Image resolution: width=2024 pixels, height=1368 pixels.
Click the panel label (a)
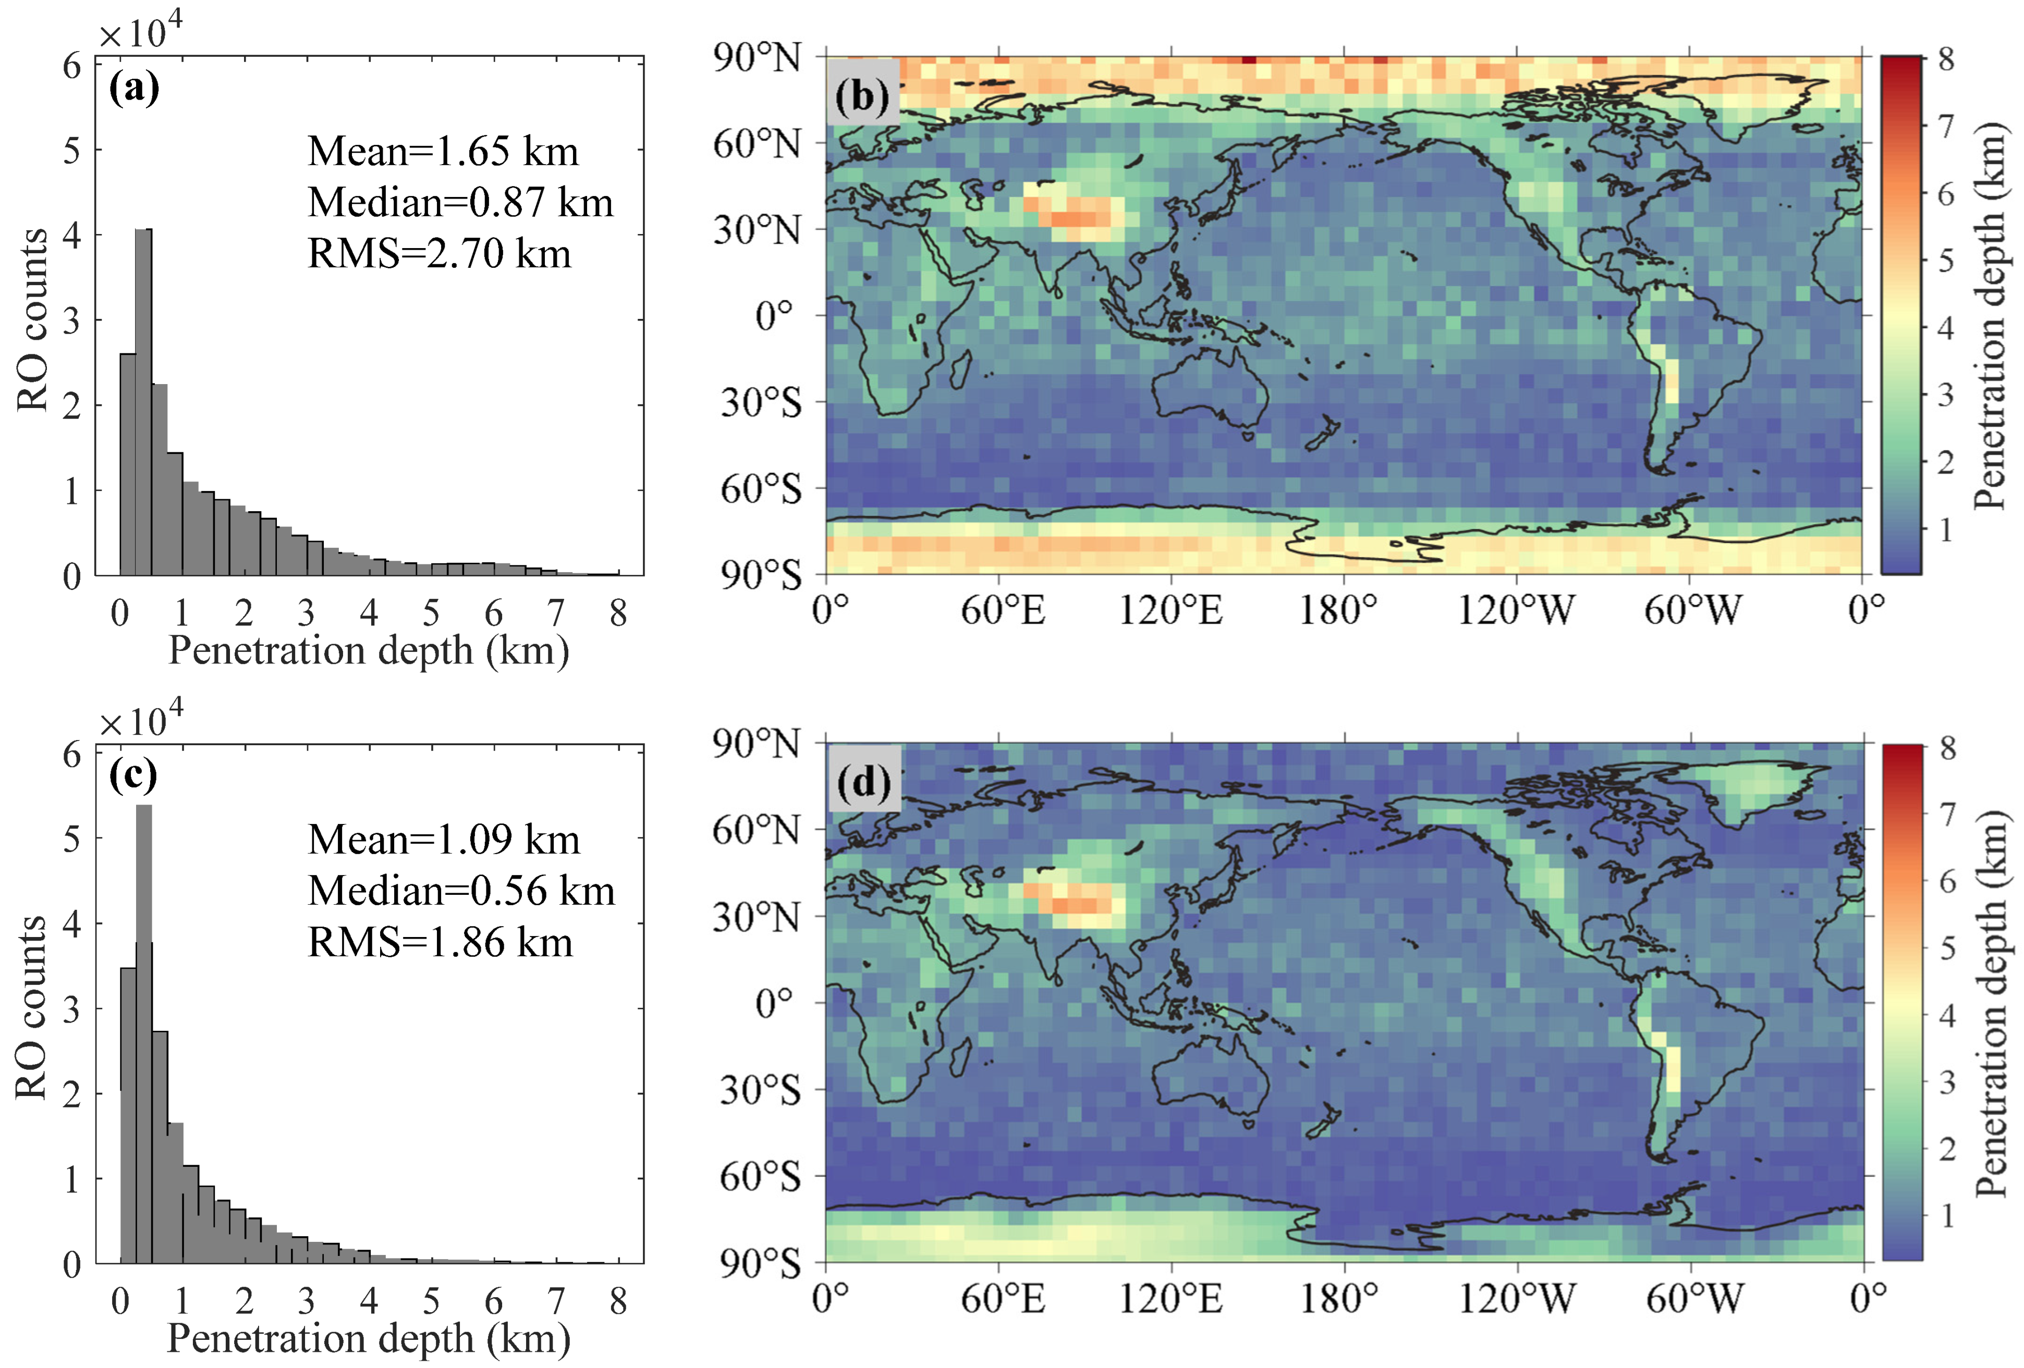(133, 88)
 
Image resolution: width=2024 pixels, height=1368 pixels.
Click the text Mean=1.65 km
(443, 152)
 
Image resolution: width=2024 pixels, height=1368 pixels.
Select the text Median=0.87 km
(460, 202)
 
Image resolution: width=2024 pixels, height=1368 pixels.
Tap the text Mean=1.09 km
(443, 840)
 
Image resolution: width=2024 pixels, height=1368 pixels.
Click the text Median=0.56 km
(461, 891)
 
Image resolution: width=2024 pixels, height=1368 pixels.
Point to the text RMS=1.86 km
(440, 942)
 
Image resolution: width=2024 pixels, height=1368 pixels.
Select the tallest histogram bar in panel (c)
(144, 1032)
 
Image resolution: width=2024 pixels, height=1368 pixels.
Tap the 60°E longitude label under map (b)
(1003, 610)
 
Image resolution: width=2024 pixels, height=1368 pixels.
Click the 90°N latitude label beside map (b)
(757, 58)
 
